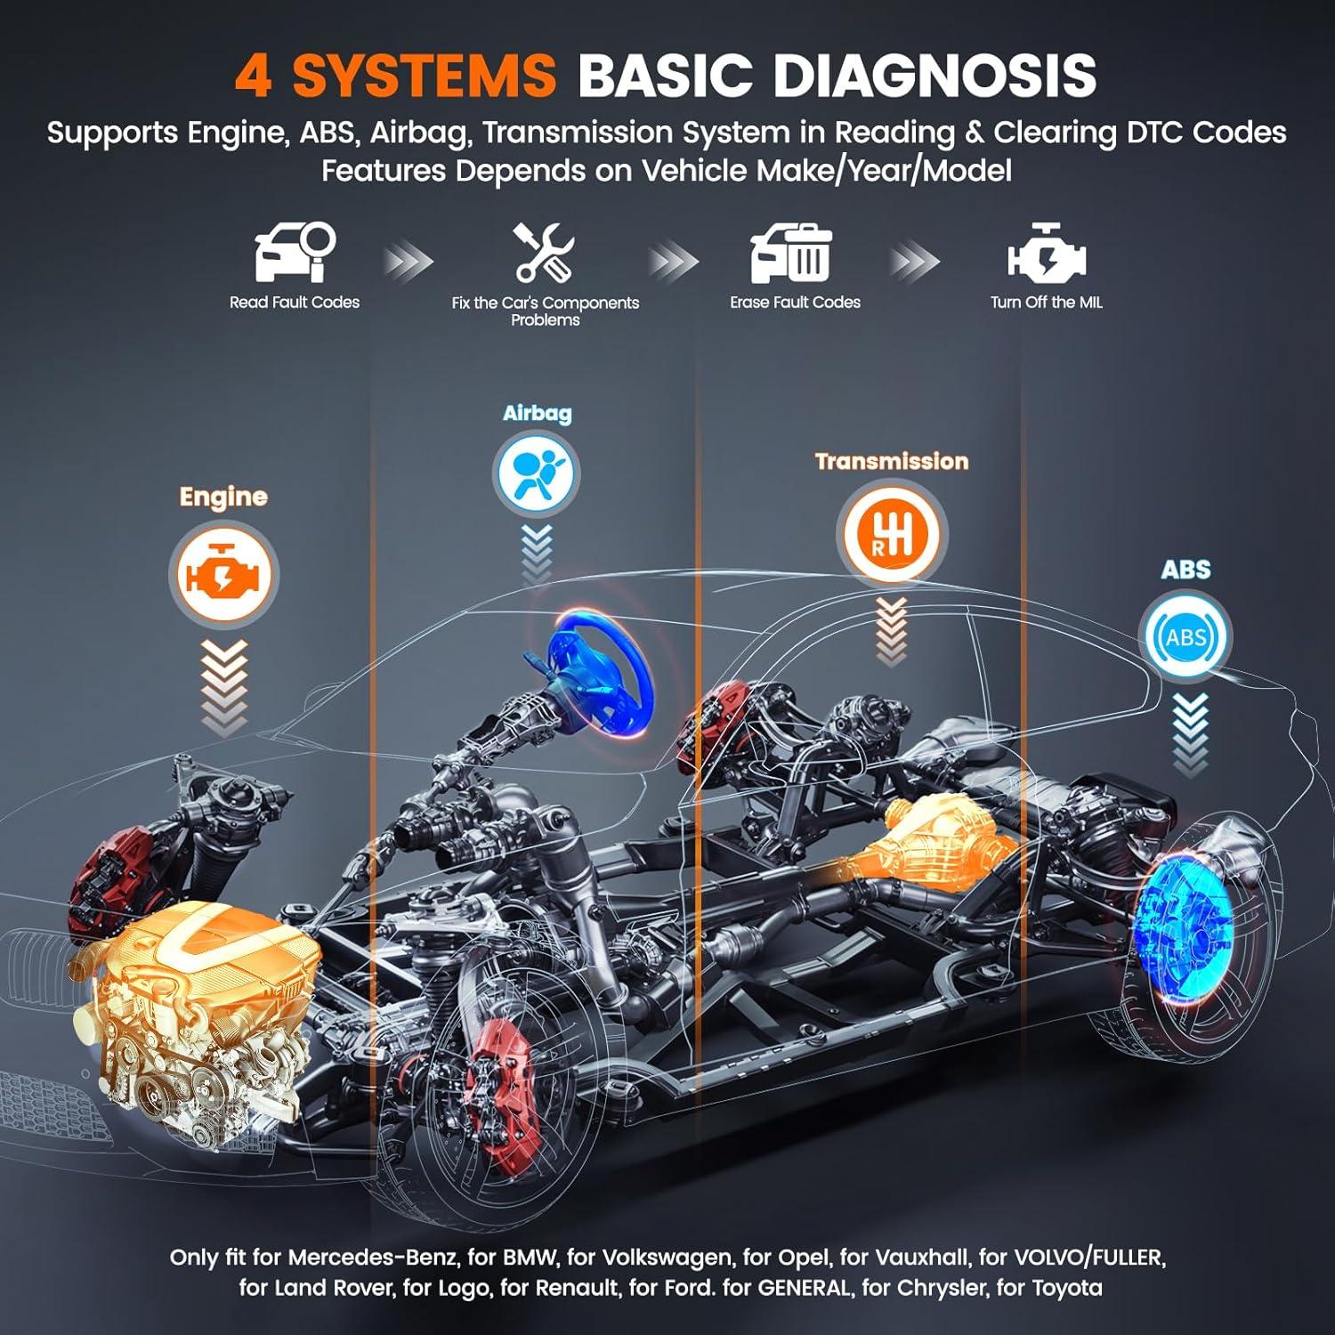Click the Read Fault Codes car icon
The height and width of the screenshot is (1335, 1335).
coord(295,252)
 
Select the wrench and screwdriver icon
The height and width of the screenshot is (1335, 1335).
coord(544,252)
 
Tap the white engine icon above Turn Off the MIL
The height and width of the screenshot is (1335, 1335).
coord(1046,254)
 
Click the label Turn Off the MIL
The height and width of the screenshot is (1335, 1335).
coord(1046,303)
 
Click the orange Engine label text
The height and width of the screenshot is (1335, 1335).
coord(223,497)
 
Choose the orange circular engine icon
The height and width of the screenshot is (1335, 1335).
coord(223,575)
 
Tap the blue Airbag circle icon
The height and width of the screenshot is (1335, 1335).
coord(536,473)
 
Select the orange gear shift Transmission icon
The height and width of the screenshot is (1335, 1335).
coord(891,535)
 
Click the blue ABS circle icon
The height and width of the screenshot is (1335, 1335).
coord(1185,636)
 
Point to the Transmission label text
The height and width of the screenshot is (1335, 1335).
coord(891,461)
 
